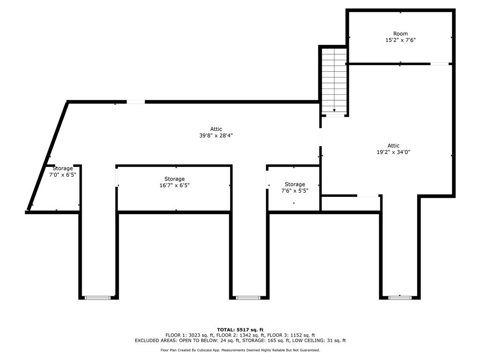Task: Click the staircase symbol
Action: [x=334, y=81]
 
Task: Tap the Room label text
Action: [x=400, y=34]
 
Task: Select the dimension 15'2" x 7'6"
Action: [x=400, y=40]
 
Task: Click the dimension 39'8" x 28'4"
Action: [x=216, y=135]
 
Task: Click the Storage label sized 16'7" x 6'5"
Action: [x=174, y=179]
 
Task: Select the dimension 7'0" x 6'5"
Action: [x=62, y=174]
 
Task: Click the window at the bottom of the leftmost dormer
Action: [x=98, y=297]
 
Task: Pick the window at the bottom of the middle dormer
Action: [x=248, y=297]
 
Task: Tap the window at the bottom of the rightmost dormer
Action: [x=400, y=297]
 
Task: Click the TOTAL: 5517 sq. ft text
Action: [x=240, y=330]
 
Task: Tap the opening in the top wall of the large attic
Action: [x=135, y=102]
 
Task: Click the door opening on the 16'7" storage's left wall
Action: [x=117, y=178]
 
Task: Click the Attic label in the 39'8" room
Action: [x=216, y=129]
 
